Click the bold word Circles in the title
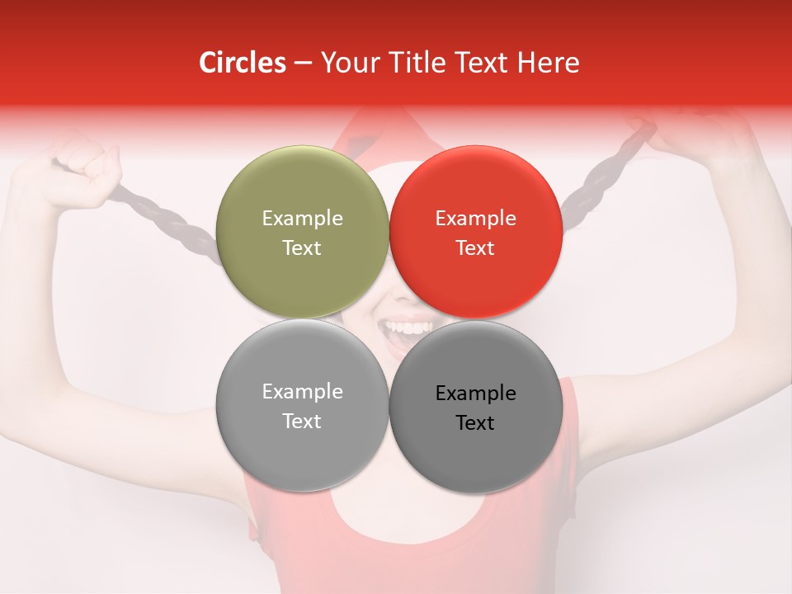tap(243, 63)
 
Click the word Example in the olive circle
tap(302, 219)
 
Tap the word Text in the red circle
tap(475, 248)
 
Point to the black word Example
tap(475, 394)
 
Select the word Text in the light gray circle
tap(302, 422)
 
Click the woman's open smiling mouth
tap(402, 332)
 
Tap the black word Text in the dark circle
tap(475, 423)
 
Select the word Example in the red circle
tap(475, 219)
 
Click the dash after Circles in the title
tap(303, 64)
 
